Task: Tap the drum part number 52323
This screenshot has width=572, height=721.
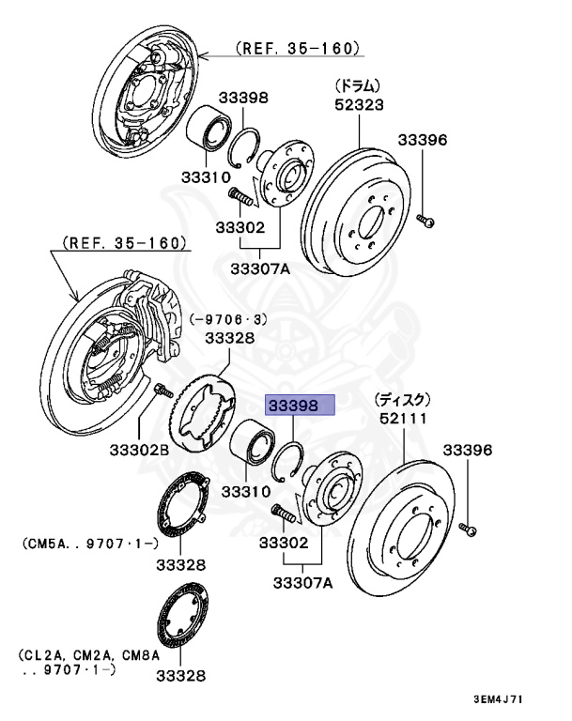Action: click(x=359, y=106)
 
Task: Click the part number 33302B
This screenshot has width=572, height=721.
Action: click(x=138, y=451)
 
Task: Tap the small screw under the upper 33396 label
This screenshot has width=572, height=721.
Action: click(x=427, y=222)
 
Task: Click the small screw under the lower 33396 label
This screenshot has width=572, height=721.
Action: click(x=470, y=530)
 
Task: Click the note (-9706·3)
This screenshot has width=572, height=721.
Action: click(x=229, y=319)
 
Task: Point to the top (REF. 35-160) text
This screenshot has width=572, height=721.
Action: click(x=298, y=48)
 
